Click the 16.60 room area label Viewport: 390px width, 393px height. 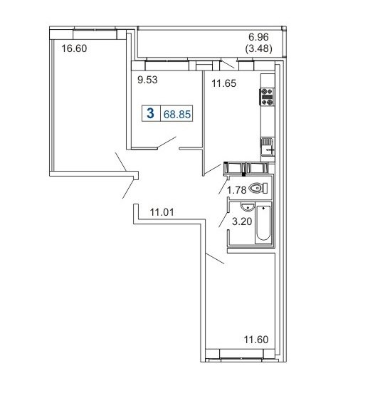[x=74, y=48]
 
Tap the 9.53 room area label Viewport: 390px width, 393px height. [x=147, y=80]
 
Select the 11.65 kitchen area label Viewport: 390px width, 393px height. [x=223, y=83]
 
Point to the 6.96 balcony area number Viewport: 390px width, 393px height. [x=258, y=37]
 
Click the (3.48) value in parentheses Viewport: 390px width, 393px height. [x=258, y=48]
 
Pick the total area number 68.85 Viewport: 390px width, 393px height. [x=177, y=115]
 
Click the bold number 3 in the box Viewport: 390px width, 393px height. [x=150, y=113]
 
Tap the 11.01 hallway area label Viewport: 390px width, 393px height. [x=162, y=212]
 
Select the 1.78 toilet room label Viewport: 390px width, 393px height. [x=237, y=190]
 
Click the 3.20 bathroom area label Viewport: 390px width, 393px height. [x=242, y=221]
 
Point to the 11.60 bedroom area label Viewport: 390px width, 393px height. [x=256, y=340]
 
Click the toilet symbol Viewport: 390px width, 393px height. [x=258, y=188]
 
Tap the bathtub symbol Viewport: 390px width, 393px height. [x=263, y=223]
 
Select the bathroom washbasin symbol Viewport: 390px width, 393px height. [x=247, y=206]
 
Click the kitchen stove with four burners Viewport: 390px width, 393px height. [x=267, y=97]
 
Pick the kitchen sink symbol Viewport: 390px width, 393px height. [x=268, y=147]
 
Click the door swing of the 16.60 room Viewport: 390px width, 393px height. [x=120, y=162]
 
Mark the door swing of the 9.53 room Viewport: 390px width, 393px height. [x=167, y=142]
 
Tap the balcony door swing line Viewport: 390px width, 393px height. [x=228, y=63]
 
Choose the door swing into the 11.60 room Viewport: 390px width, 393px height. [x=215, y=258]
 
